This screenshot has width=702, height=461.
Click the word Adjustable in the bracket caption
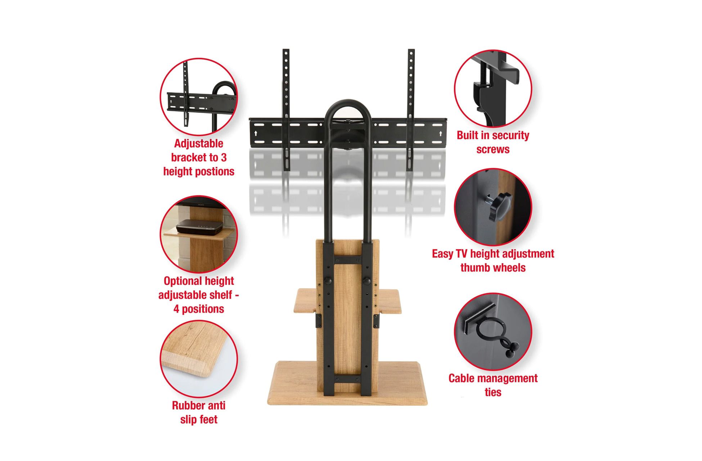198,144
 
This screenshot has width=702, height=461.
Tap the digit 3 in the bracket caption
224,157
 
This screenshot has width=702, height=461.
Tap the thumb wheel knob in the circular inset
500,206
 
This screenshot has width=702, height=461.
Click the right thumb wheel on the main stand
366,281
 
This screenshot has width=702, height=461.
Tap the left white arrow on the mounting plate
256,134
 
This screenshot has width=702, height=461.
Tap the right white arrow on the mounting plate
441,134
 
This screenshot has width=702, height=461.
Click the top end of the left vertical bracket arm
286,50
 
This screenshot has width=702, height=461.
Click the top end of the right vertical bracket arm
411,50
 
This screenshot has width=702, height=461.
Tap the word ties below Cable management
493,392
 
